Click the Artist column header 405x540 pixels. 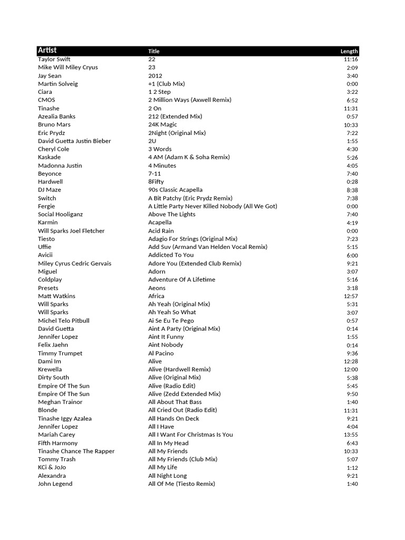pos(47,51)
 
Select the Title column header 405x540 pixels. pos(154,51)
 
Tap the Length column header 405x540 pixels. pos(349,51)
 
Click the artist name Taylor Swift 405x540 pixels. pos(54,59)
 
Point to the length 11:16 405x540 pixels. pos(350,59)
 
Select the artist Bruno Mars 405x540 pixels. pos(54,124)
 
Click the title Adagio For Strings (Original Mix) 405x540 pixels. pos(192,239)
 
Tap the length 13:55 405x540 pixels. pos(350,435)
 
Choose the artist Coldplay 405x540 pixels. pos(50,279)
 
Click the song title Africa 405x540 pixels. pos(156,296)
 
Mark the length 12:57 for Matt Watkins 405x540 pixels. pos(350,296)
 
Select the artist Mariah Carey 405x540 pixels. pos(54,435)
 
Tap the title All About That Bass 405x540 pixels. pos(175,402)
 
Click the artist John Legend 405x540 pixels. pos(55,484)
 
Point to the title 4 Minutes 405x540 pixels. pos(162,165)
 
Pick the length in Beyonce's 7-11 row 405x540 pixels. pos(352,173)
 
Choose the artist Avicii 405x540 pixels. pos(45,255)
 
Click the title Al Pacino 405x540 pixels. pos(161,353)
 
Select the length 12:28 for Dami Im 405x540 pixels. pos(350,361)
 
